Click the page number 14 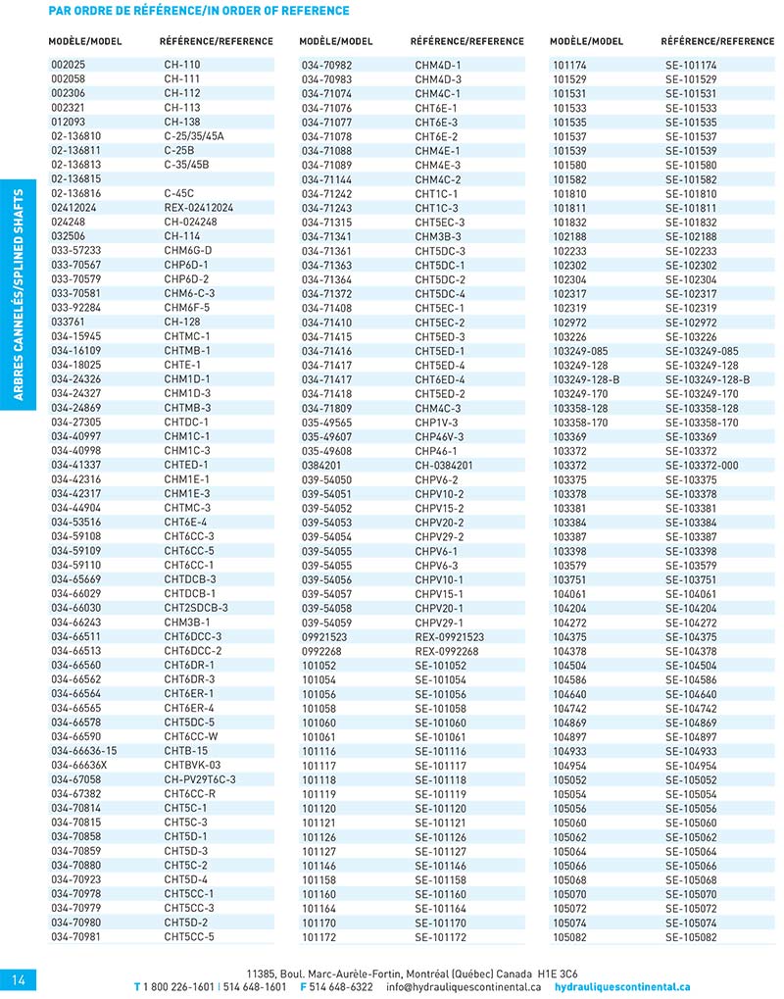(19, 979)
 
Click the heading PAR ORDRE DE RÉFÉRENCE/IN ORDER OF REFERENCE (199, 10)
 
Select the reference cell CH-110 (182, 65)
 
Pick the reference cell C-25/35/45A (194, 135)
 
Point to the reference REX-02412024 (199, 208)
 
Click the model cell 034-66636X (78, 765)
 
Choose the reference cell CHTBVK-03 (193, 765)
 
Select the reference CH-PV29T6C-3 (200, 779)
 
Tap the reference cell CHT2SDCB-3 (196, 608)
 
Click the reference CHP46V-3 (439, 436)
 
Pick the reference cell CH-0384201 (444, 466)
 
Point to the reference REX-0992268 (447, 651)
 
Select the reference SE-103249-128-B (708, 379)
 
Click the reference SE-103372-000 (702, 466)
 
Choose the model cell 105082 (569, 936)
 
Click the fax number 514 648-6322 (342, 987)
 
